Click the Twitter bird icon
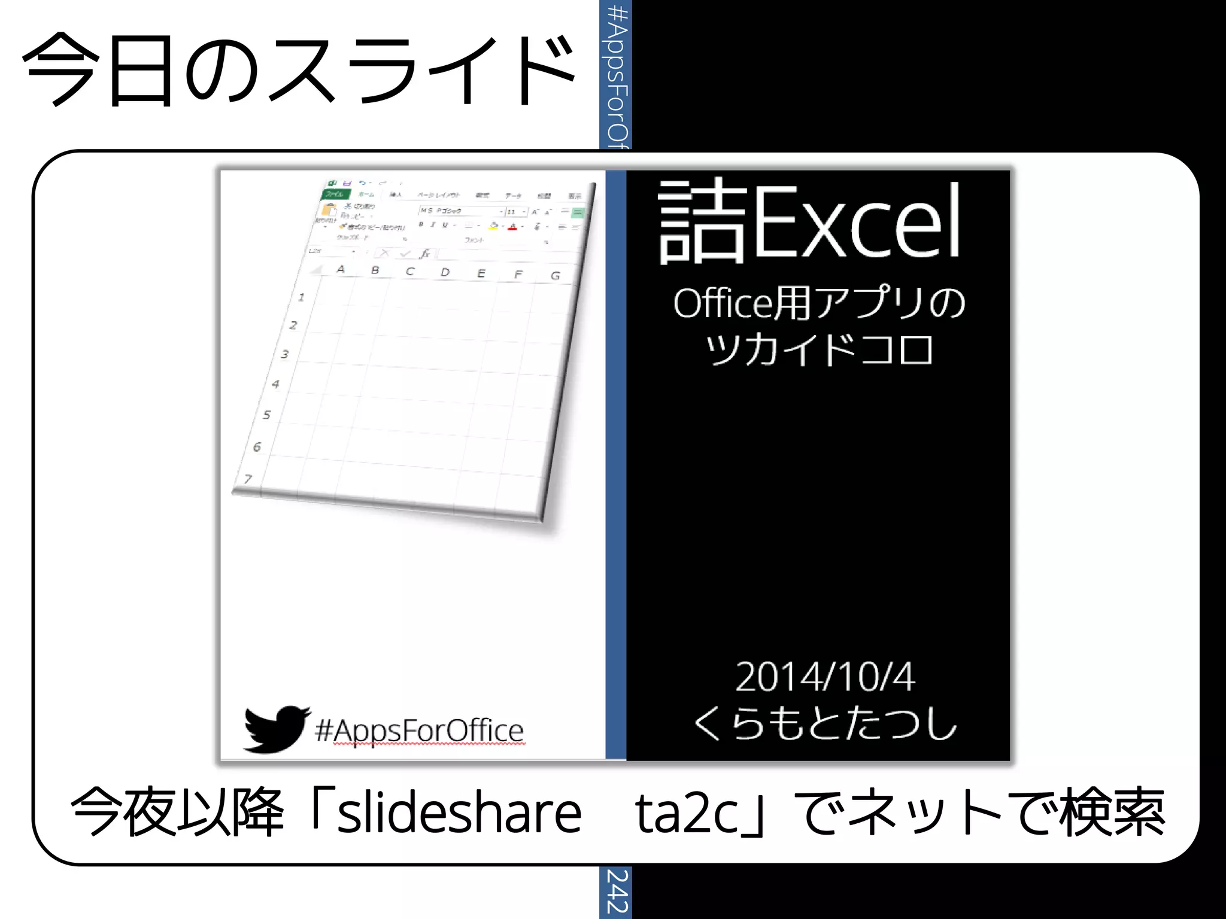click(276, 728)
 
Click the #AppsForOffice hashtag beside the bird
click(419, 731)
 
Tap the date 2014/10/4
click(824, 677)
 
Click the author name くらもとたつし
click(824, 723)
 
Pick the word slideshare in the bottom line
click(459, 813)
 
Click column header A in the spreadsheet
click(341, 269)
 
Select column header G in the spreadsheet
click(556, 275)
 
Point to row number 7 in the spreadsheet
click(248, 479)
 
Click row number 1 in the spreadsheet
click(301, 297)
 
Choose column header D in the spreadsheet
click(445, 272)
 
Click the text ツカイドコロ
click(819, 349)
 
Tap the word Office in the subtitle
click(723, 303)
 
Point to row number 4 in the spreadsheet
click(275, 384)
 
